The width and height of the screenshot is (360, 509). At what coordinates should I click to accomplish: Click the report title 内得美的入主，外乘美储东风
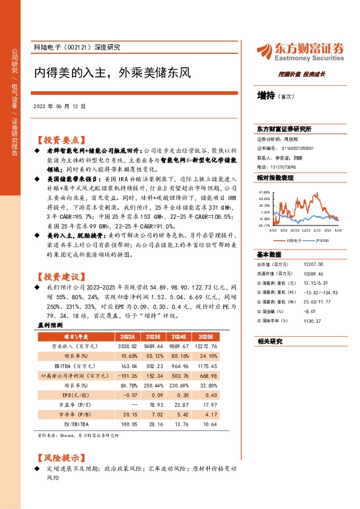click(112, 73)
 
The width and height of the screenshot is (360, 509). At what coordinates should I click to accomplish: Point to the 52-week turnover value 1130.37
click(312, 321)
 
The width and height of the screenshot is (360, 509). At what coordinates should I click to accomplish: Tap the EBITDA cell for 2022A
click(125, 366)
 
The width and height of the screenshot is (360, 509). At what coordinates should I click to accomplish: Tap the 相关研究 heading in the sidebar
click(270, 342)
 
